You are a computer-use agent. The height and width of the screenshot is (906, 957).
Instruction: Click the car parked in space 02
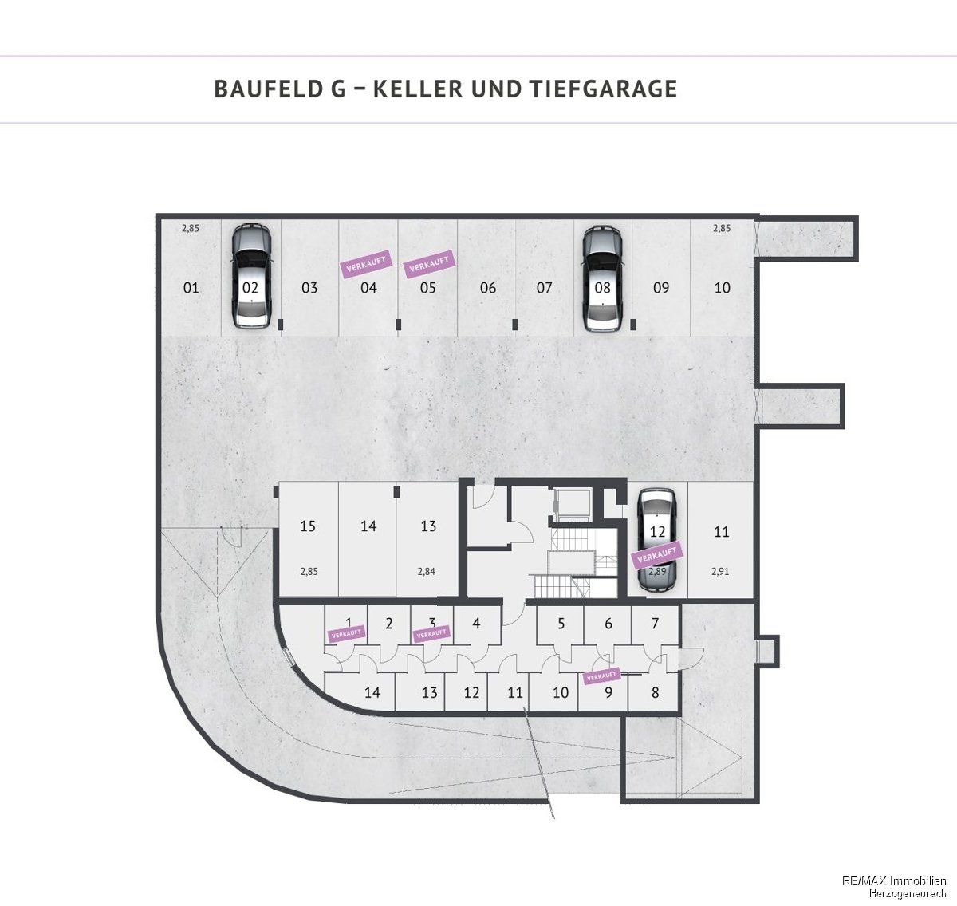click(250, 276)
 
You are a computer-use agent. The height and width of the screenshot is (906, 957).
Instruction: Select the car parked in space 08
click(603, 278)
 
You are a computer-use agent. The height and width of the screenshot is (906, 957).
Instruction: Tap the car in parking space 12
click(657, 540)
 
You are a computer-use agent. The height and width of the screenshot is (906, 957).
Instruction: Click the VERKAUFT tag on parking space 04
click(366, 264)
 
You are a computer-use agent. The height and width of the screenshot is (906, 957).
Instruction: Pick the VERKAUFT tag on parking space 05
click(429, 264)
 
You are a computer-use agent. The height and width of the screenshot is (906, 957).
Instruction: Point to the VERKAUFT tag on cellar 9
click(601, 676)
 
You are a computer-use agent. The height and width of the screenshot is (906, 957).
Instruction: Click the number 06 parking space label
click(488, 288)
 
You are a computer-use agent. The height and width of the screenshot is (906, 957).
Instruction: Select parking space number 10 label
click(722, 288)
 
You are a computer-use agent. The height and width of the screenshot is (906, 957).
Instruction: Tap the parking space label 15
click(308, 526)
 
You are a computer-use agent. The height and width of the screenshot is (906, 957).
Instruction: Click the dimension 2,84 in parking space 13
click(427, 572)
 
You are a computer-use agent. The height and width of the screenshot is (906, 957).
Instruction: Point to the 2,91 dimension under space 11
click(720, 572)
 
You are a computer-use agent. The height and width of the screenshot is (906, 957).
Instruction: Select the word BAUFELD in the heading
click(266, 89)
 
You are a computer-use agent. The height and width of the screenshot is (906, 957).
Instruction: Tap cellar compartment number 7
click(656, 623)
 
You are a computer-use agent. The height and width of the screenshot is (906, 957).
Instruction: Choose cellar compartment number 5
click(561, 624)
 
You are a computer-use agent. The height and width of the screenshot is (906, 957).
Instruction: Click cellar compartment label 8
click(656, 692)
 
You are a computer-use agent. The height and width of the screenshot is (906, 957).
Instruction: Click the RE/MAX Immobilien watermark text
click(894, 880)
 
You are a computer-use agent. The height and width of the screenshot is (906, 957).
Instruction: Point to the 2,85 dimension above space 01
click(191, 228)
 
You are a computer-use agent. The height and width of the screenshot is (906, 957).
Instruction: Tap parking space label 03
click(309, 288)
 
